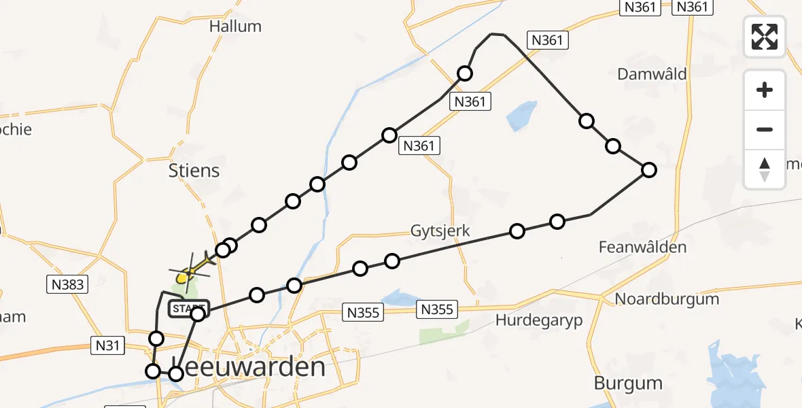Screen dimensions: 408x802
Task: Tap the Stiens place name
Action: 194,170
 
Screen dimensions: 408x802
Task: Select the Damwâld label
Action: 652,74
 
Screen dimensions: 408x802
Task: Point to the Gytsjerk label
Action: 440,231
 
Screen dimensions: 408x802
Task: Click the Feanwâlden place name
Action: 642,248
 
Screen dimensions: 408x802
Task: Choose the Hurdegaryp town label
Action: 539,321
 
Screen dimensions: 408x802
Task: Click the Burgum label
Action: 628,383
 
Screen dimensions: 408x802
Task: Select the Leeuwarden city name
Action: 248,368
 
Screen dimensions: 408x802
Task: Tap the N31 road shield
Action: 107,346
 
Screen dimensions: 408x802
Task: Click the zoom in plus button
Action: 765,90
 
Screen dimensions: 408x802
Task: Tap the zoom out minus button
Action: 765,129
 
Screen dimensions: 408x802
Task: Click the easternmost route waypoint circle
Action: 649,170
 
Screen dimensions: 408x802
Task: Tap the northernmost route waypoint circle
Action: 465,73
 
